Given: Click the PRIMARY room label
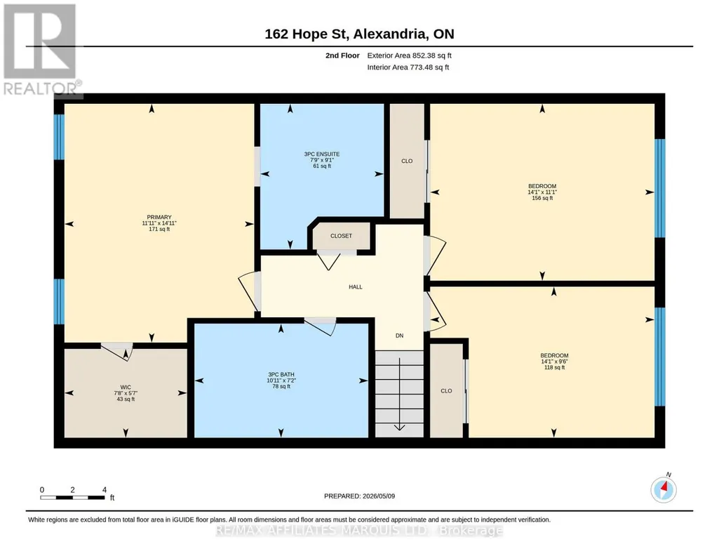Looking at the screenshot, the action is pyautogui.click(x=159, y=217).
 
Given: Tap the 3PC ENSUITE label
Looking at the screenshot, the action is pyautogui.click(x=322, y=154).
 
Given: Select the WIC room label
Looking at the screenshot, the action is pyautogui.click(x=126, y=388).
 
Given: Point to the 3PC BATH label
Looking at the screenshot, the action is pyautogui.click(x=281, y=374).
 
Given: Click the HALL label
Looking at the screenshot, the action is pyautogui.click(x=356, y=286).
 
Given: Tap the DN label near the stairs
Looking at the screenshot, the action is pyautogui.click(x=399, y=336).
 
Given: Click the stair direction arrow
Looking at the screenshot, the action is pyautogui.click(x=399, y=394).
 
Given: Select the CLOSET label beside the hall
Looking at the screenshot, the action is pyautogui.click(x=341, y=236).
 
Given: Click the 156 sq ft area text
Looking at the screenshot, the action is pyautogui.click(x=542, y=198).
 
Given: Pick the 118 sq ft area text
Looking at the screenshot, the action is pyautogui.click(x=554, y=367).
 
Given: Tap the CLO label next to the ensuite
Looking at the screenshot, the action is pyautogui.click(x=407, y=161).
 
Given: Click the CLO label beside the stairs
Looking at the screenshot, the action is pyautogui.click(x=446, y=391).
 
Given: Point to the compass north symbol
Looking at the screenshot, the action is pyautogui.click(x=664, y=489).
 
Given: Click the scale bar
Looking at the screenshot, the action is pyautogui.click(x=72, y=497).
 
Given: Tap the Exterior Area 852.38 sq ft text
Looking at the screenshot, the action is pyautogui.click(x=409, y=55).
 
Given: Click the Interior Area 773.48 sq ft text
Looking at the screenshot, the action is pyautogui.click(x=408, y=67).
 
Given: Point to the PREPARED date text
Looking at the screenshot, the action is pyautogui.click(x=359, y=496).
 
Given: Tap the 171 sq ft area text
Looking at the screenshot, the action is pyautogui.click(x=159, y=229).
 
